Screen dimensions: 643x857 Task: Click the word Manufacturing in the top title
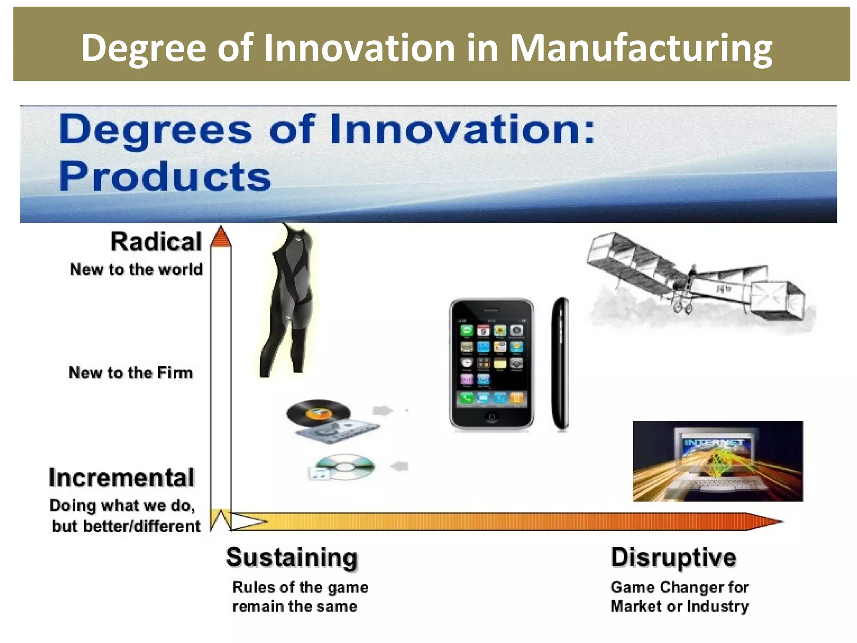[x=641, y=49]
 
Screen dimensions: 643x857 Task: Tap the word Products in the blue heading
[x=165, y=177]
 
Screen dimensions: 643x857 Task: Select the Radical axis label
[x=156, y=242]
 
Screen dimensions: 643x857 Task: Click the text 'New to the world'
[x=136, y=269]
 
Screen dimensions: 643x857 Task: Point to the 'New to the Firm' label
[x=131, y=373]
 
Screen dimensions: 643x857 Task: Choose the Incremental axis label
[x=122, y=477]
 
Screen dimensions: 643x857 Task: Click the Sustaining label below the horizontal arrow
[x=292, y=558]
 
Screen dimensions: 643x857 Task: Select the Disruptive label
[x=673, y=558]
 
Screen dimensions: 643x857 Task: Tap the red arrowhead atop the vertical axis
[x=221, y=237]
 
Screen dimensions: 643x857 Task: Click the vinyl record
[x=318, y=412]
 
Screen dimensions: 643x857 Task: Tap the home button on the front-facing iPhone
[x=491, y=417]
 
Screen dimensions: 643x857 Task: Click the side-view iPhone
[x=560, y=363]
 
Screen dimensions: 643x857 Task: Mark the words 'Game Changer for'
[x=680, y=587]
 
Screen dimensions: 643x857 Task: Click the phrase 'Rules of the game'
[x=300, y=587]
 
